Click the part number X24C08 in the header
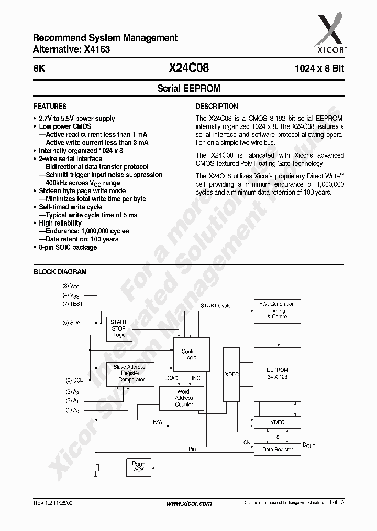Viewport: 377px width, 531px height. pyautogui.click(x=188, y=68)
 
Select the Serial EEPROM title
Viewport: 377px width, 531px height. pyautogui.click(x=188, y=89)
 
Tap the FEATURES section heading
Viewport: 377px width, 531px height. pyautogui.click(x=50, y=106)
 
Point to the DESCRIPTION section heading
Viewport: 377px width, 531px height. pyautogui.click(x=217, y=106)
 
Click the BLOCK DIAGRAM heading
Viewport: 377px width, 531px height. pyautogui.click(x=60, y=272)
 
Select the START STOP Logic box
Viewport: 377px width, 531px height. pyautogui.click(x=119, y=328)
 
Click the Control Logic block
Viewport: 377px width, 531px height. pyautogui.click(x=190, y=355)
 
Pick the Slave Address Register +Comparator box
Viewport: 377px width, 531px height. pyautogui.click(x=129, y=373)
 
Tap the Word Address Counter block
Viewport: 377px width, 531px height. pyautogui.click(x=184, y=398)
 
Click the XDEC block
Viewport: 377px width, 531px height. pyautogui.click(x=231, y=374)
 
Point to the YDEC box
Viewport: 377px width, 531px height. pyautogui.click(x=277, y=422)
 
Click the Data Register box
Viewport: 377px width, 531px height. pyautogui.click(x=277, y=450)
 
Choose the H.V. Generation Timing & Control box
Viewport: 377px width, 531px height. pyautogui.click(x=277, y=311)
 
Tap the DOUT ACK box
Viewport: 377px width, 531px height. pyautogui.click(x=139, y=467)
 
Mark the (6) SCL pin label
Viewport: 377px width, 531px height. pyautogui.click(x=73, y=380)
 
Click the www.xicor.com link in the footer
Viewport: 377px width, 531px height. pyautogui.click(x=189, y=503)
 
